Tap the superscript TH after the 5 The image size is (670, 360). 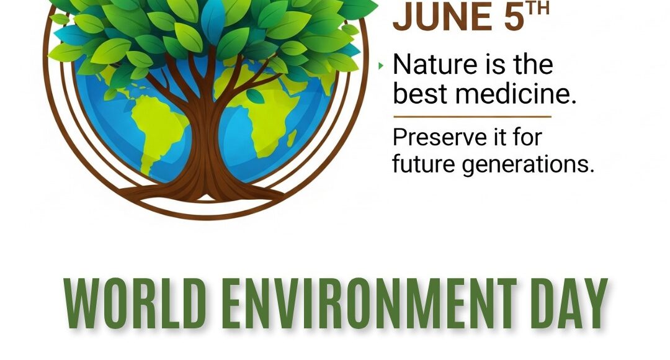coord(537,9)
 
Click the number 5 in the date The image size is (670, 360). coord(514,17)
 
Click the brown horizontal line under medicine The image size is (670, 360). coord(472,116)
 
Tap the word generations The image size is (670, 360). coord(528,164)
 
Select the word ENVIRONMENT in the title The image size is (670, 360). coord(368,303)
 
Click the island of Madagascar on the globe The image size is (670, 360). coord(292,138)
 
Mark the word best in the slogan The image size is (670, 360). coord(420,94)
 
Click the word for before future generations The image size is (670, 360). coord(527,138)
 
